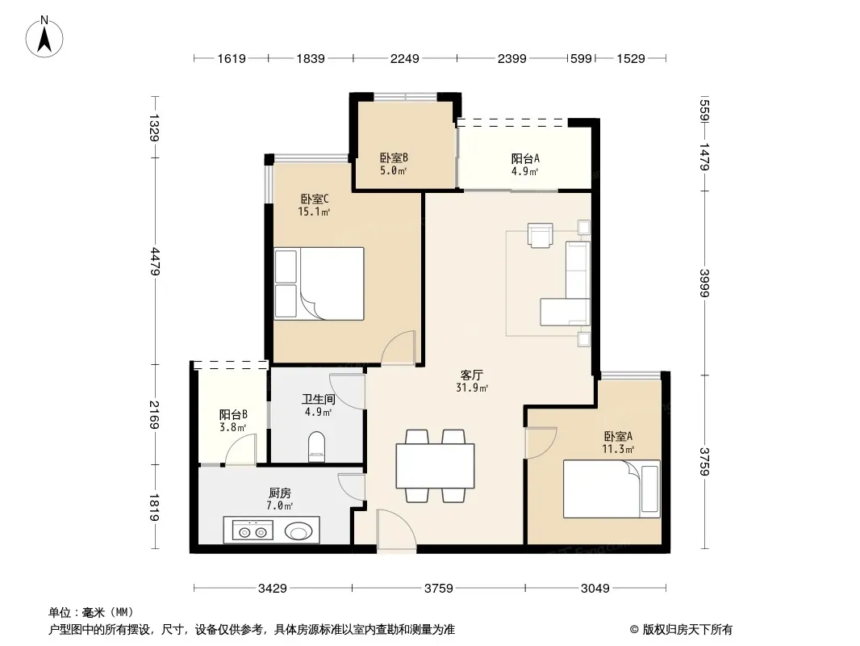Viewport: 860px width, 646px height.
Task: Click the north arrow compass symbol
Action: tap(44, 37)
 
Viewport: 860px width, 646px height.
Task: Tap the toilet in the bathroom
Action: tap(317, 446)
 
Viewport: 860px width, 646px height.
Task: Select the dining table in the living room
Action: tap(435, 465)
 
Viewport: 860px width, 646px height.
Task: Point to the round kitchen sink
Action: tap(298, 531)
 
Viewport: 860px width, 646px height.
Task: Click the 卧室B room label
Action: tap(394, 158)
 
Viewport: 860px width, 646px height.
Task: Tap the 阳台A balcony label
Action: tap(525, 158)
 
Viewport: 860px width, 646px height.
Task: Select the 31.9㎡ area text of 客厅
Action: tap(472, 388)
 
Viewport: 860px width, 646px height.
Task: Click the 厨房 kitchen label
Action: tap(280, 493)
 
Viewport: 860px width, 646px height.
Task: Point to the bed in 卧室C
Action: tap(319, 283)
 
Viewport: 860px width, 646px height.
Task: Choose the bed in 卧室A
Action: tap(612, 489)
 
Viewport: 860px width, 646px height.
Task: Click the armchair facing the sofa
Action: tap(541, 235)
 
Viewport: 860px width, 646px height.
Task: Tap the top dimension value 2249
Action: tap(405, 58)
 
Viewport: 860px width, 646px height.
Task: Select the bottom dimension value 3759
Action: tap(439, 589)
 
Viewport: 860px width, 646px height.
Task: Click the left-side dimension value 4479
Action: tap(155, 262)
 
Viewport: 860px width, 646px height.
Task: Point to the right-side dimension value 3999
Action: tap(705, 283)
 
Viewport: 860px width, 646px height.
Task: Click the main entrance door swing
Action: tap(397, 530)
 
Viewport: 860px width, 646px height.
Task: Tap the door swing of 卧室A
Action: tap(541, 443)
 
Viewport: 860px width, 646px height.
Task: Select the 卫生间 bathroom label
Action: tap(318, 399)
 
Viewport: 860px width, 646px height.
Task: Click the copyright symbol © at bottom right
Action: tap(634, 630)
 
